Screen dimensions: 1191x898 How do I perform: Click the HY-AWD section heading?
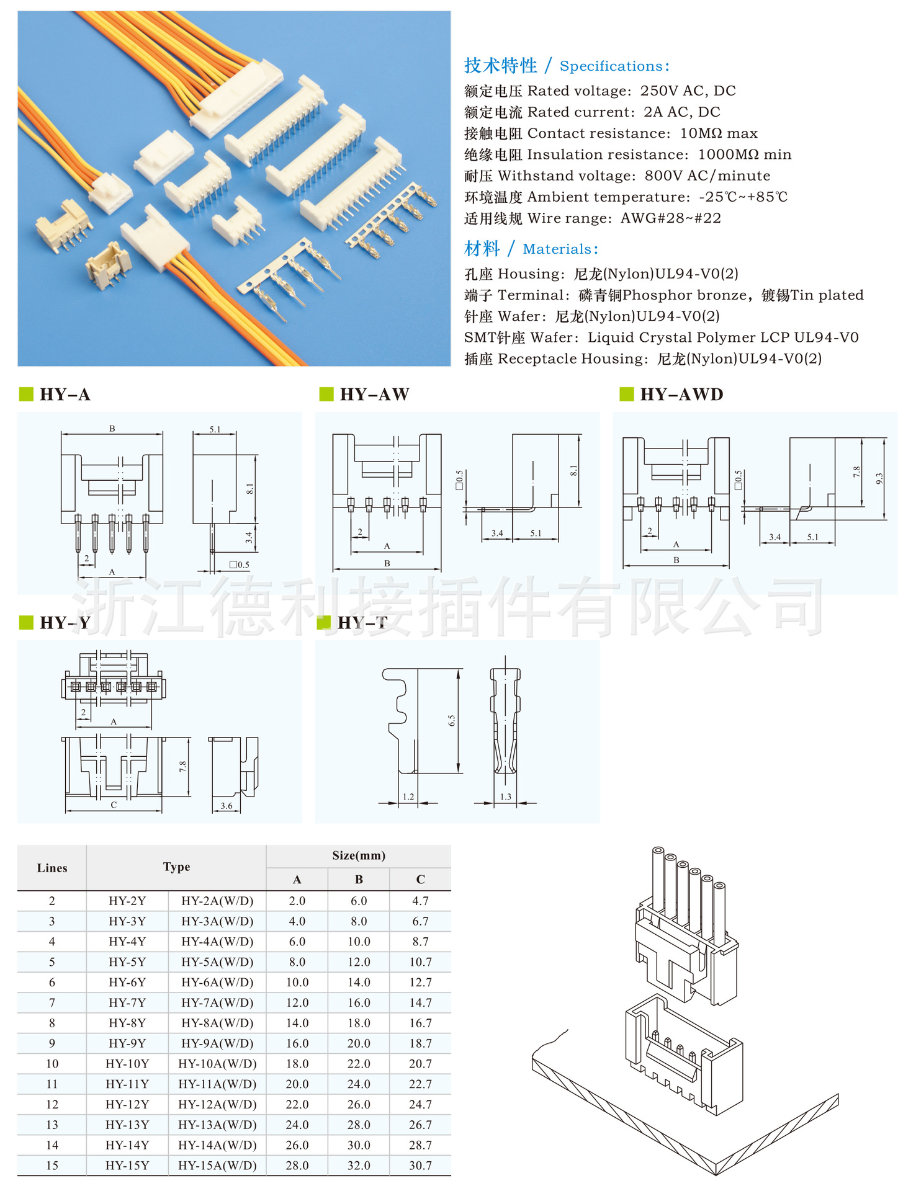[681, 395]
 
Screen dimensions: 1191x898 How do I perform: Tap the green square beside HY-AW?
[326, 394]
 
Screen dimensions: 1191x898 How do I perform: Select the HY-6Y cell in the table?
[127, 982]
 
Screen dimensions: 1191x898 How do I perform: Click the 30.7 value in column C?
[420, 1166]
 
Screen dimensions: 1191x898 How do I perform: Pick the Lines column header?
[52, 868]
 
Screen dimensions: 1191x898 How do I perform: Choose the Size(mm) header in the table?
[359, 855]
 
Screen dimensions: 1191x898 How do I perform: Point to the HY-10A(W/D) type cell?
[217, 1064]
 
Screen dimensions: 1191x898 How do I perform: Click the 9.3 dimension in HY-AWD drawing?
[879, 479]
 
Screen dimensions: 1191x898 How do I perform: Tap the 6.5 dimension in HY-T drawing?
[452, 721]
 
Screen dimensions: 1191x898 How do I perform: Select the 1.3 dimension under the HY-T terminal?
[506, 797]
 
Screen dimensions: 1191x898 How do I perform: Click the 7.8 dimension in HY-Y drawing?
[183, 767]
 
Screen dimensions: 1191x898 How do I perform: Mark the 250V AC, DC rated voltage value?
[688, 91]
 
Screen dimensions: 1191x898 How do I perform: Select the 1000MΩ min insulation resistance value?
[745, 154]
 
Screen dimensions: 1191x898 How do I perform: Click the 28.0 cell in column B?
[359, 1125]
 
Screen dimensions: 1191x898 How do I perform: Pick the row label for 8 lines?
[52, 1023]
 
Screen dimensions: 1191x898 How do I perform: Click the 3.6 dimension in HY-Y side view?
[227, 806]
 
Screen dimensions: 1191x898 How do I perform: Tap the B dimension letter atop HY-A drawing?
[112, 429]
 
